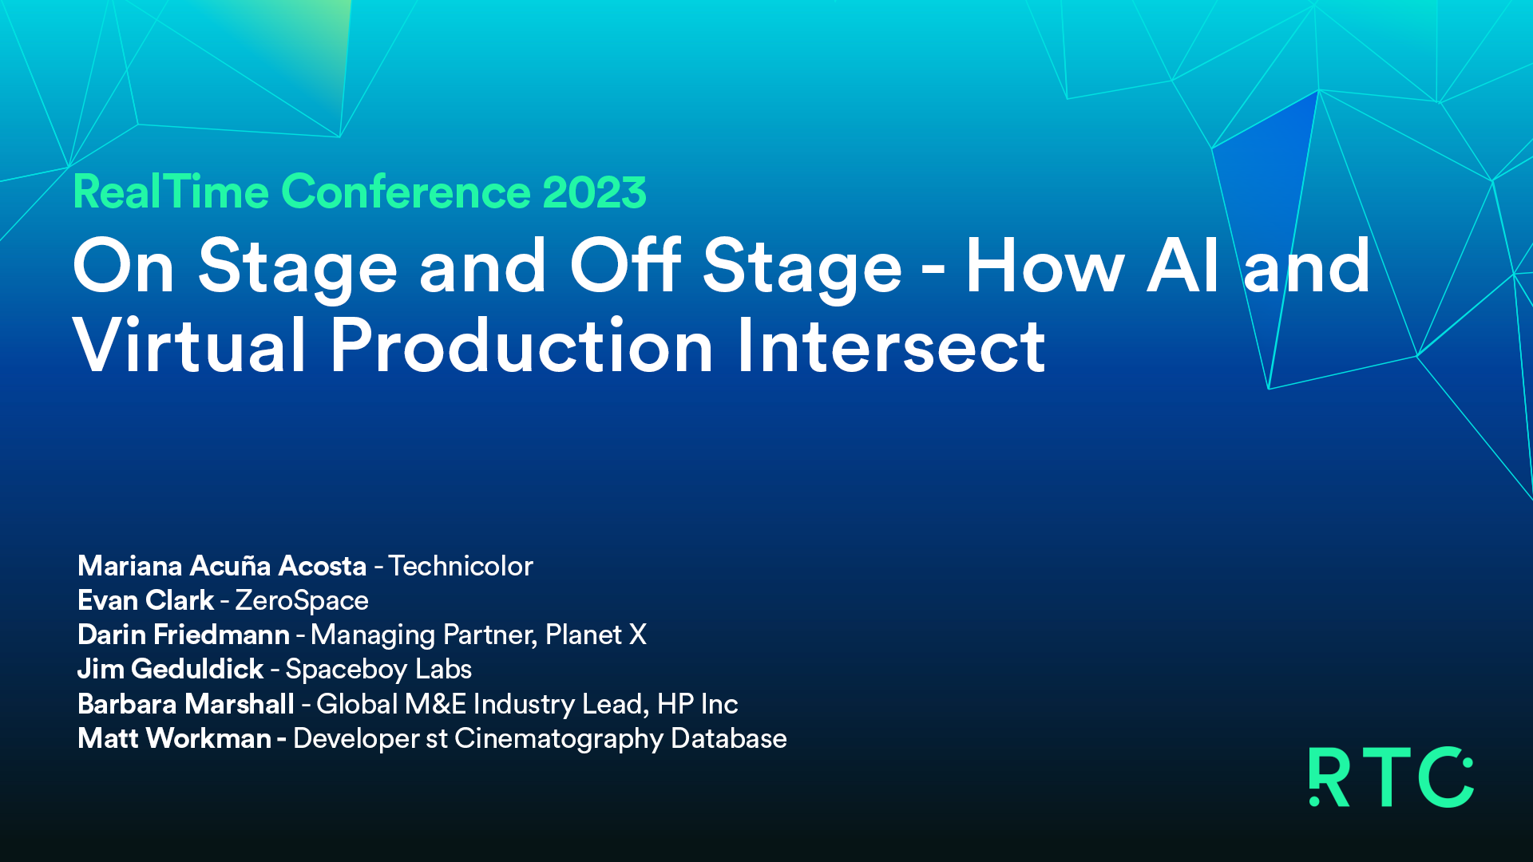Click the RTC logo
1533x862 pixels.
1391,777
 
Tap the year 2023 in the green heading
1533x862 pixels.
594,192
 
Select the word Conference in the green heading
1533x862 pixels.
406,192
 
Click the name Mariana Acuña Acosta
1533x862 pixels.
222,566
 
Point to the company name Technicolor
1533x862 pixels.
461,566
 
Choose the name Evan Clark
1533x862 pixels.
146,600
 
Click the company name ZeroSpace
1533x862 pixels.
302,601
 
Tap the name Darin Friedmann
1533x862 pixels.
184,635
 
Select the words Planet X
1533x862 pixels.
596,635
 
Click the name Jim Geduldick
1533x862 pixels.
171,669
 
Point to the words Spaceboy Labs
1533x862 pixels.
378,670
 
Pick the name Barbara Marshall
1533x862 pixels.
186,704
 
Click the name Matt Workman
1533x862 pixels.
175,738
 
